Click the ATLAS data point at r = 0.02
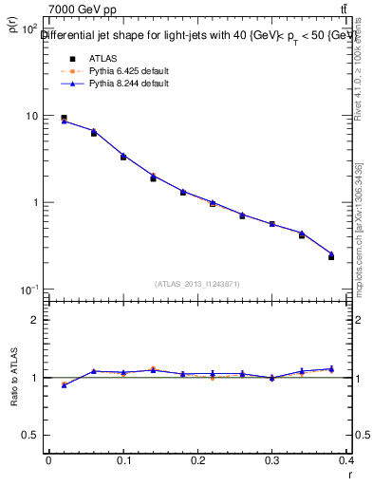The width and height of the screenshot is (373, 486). (64, 118)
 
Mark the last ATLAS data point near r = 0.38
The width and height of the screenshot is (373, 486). (331, 256)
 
